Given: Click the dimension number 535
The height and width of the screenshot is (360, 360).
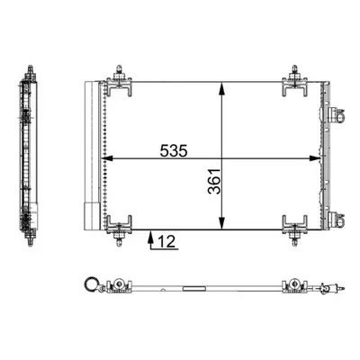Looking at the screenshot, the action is (x=174, y=150).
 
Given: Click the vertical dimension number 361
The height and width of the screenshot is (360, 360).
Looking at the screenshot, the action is (x=214, y=182).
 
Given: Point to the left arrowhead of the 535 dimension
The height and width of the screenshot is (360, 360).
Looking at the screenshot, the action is (x=107, y=158).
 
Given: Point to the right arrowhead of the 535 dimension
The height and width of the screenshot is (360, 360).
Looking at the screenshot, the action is (x=315, y=158).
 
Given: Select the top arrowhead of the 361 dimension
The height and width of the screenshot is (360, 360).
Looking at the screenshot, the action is (x=221, y=88).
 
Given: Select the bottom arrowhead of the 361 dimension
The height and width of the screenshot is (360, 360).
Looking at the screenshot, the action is (x=221, y=223).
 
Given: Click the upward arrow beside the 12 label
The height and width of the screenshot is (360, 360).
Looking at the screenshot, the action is (x=151, y=239).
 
